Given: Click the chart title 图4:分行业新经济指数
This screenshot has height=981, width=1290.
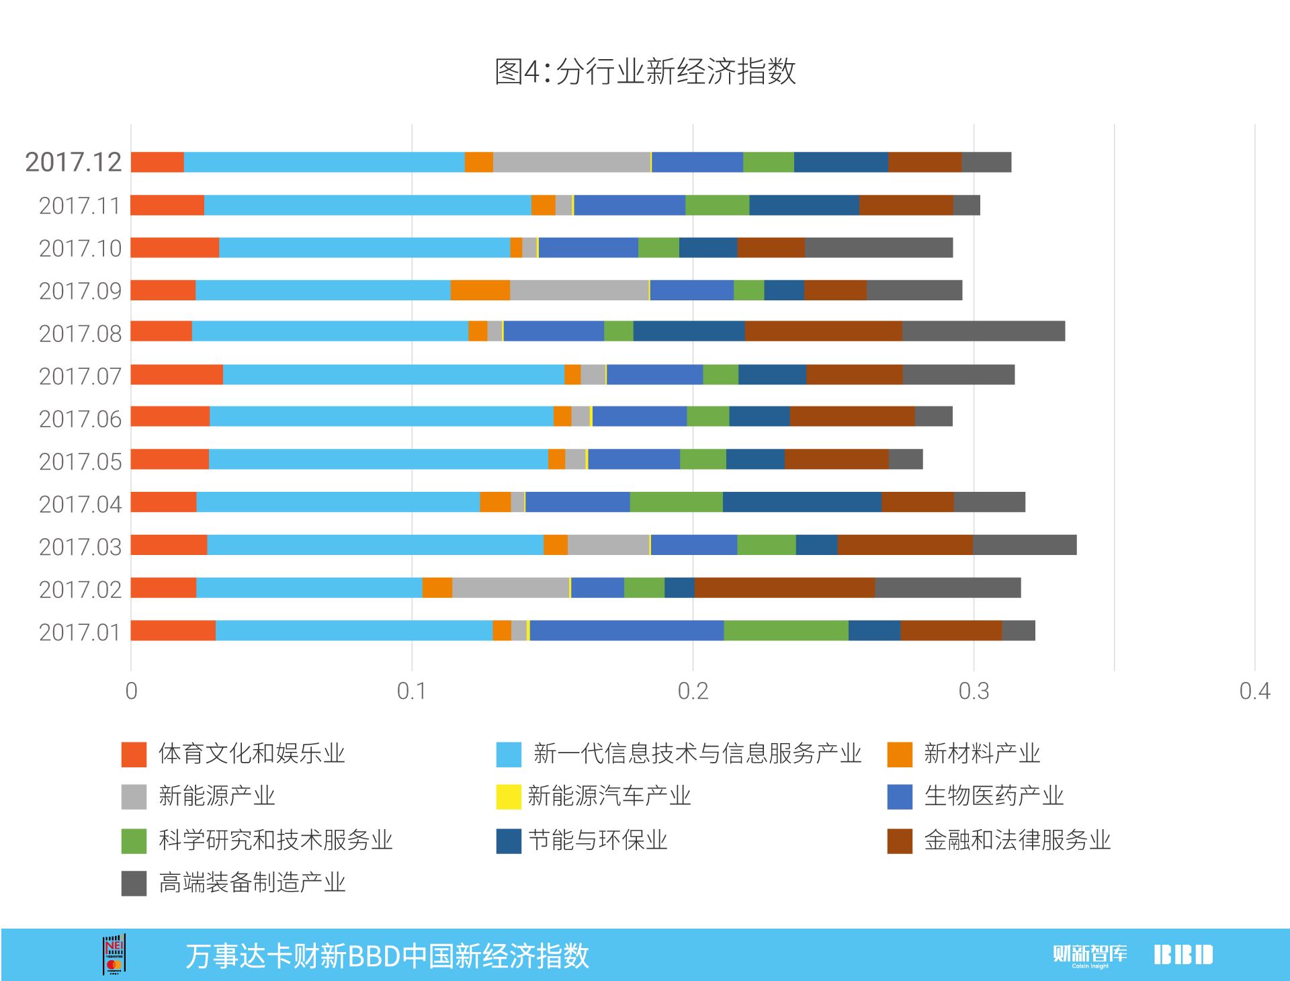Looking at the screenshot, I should [645, 71].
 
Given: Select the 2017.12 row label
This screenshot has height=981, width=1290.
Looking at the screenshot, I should [73, 162].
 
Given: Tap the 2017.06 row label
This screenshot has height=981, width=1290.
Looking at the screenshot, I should [80, 419].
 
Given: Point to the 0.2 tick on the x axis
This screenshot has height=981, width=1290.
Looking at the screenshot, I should [693, 691].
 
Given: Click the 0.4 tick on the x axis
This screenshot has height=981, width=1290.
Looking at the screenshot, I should [1254, 691].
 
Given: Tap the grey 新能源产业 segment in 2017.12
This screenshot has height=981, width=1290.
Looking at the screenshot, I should [571, 162].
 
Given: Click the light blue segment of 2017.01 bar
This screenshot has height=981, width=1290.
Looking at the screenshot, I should [354, 630].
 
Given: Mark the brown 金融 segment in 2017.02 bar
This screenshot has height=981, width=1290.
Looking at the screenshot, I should [784, 587].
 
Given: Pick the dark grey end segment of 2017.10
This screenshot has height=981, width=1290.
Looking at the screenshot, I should [878, 247].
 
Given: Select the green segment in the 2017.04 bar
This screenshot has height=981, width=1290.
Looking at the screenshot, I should [676, 502].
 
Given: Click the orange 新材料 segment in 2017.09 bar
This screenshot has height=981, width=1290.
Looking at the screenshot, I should [480, 290].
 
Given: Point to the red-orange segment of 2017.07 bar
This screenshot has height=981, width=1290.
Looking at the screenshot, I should [177, 374].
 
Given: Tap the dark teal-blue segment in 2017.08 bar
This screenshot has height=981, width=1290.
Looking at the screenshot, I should [689, 331].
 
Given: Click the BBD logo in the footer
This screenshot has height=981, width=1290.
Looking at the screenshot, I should [1183, 955].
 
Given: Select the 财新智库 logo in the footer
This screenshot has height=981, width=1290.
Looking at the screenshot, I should [1089, 955].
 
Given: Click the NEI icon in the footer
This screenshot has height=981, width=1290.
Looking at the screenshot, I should [114, 954].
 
